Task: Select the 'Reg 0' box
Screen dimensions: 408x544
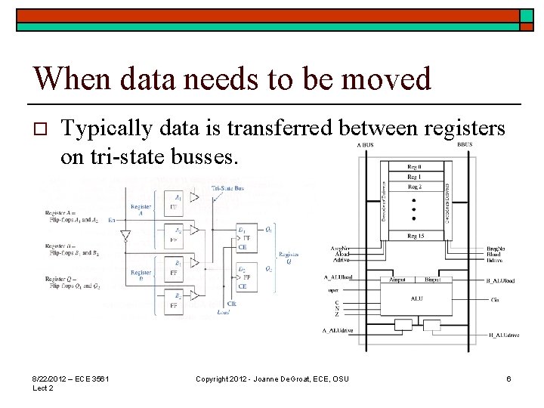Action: click(x=415, y=166)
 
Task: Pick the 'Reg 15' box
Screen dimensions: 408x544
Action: click(x=415, y=236)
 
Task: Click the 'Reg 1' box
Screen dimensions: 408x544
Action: click(x=415, y=176)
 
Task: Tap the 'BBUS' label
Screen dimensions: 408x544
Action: click(x=465, y=144)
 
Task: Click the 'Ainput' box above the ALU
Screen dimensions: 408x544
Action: click(x=397, y=280)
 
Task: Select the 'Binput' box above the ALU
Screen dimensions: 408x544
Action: click(x=432, y=280)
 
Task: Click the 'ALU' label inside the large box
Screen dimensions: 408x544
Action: click(x=416, y=298)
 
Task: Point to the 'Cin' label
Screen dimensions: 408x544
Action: click(x=494, y=299)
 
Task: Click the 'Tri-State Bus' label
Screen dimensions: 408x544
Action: click(x=227, y=187)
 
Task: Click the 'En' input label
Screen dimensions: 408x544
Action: click(x=112, y=221)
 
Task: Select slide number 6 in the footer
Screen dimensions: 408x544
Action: click(x=509, y=378)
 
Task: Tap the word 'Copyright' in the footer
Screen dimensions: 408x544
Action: click(x=214, y=378)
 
